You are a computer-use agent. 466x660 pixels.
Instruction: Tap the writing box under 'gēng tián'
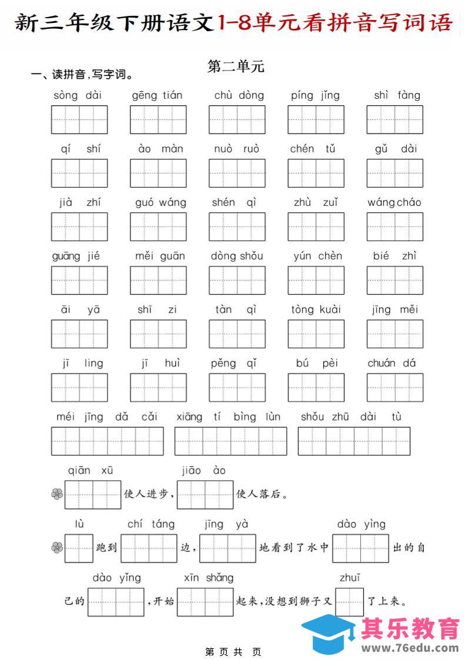(158, 119)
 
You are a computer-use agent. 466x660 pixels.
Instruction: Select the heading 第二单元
(236, 66)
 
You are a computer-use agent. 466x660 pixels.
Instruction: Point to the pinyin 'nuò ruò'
(236, 149)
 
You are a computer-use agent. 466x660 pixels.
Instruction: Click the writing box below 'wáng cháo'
(395, 226)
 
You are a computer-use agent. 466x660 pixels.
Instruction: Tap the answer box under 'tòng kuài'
(316, 334)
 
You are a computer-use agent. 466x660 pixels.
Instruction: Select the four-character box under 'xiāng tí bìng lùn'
(230, 441)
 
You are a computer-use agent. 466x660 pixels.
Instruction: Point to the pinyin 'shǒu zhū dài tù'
(351, 417)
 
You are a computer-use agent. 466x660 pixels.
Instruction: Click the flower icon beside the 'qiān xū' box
(56, 494)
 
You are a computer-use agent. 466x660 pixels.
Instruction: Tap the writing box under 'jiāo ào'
(205, 494)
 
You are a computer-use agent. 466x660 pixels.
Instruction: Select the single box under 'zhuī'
(350, 601)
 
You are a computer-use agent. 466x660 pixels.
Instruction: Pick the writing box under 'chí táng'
(150, 548)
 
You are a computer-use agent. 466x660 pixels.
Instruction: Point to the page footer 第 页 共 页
(233, 652)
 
